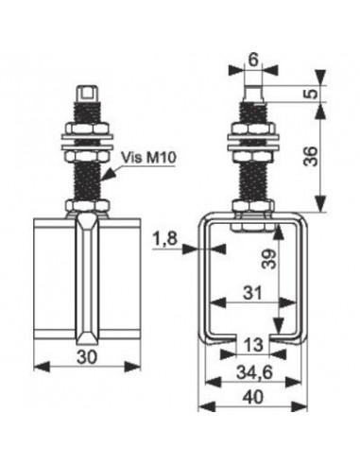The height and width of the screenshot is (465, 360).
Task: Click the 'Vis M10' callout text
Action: click(148, 157)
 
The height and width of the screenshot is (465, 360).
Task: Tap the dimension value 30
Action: click(87, 357)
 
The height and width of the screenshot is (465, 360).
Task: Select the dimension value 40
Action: click(252, 397)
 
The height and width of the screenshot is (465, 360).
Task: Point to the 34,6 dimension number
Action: click(254, 373)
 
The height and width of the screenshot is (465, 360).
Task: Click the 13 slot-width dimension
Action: click(253, 344)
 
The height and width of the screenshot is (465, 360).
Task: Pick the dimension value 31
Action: click(252, 293)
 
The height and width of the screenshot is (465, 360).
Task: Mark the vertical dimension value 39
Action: click(268, 258)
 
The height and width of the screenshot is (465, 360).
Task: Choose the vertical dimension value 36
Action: click(311, 156)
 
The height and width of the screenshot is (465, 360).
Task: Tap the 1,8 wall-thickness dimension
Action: click(165, 239)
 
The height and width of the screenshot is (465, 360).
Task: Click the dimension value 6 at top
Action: click(253, 60)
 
